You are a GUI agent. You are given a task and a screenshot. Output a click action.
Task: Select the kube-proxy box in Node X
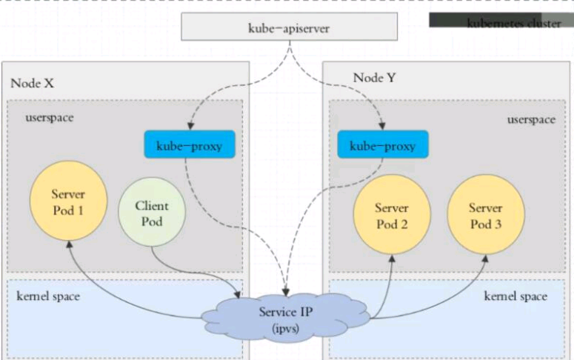coord(189,146)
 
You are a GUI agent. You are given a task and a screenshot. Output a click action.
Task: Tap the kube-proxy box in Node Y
coord(383,146)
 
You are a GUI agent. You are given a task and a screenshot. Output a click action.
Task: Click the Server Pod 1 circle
coord(67,202)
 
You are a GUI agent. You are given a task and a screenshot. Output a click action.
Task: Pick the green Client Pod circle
coord(152,213)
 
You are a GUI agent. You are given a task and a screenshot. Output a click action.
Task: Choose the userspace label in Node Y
coord(531,119)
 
